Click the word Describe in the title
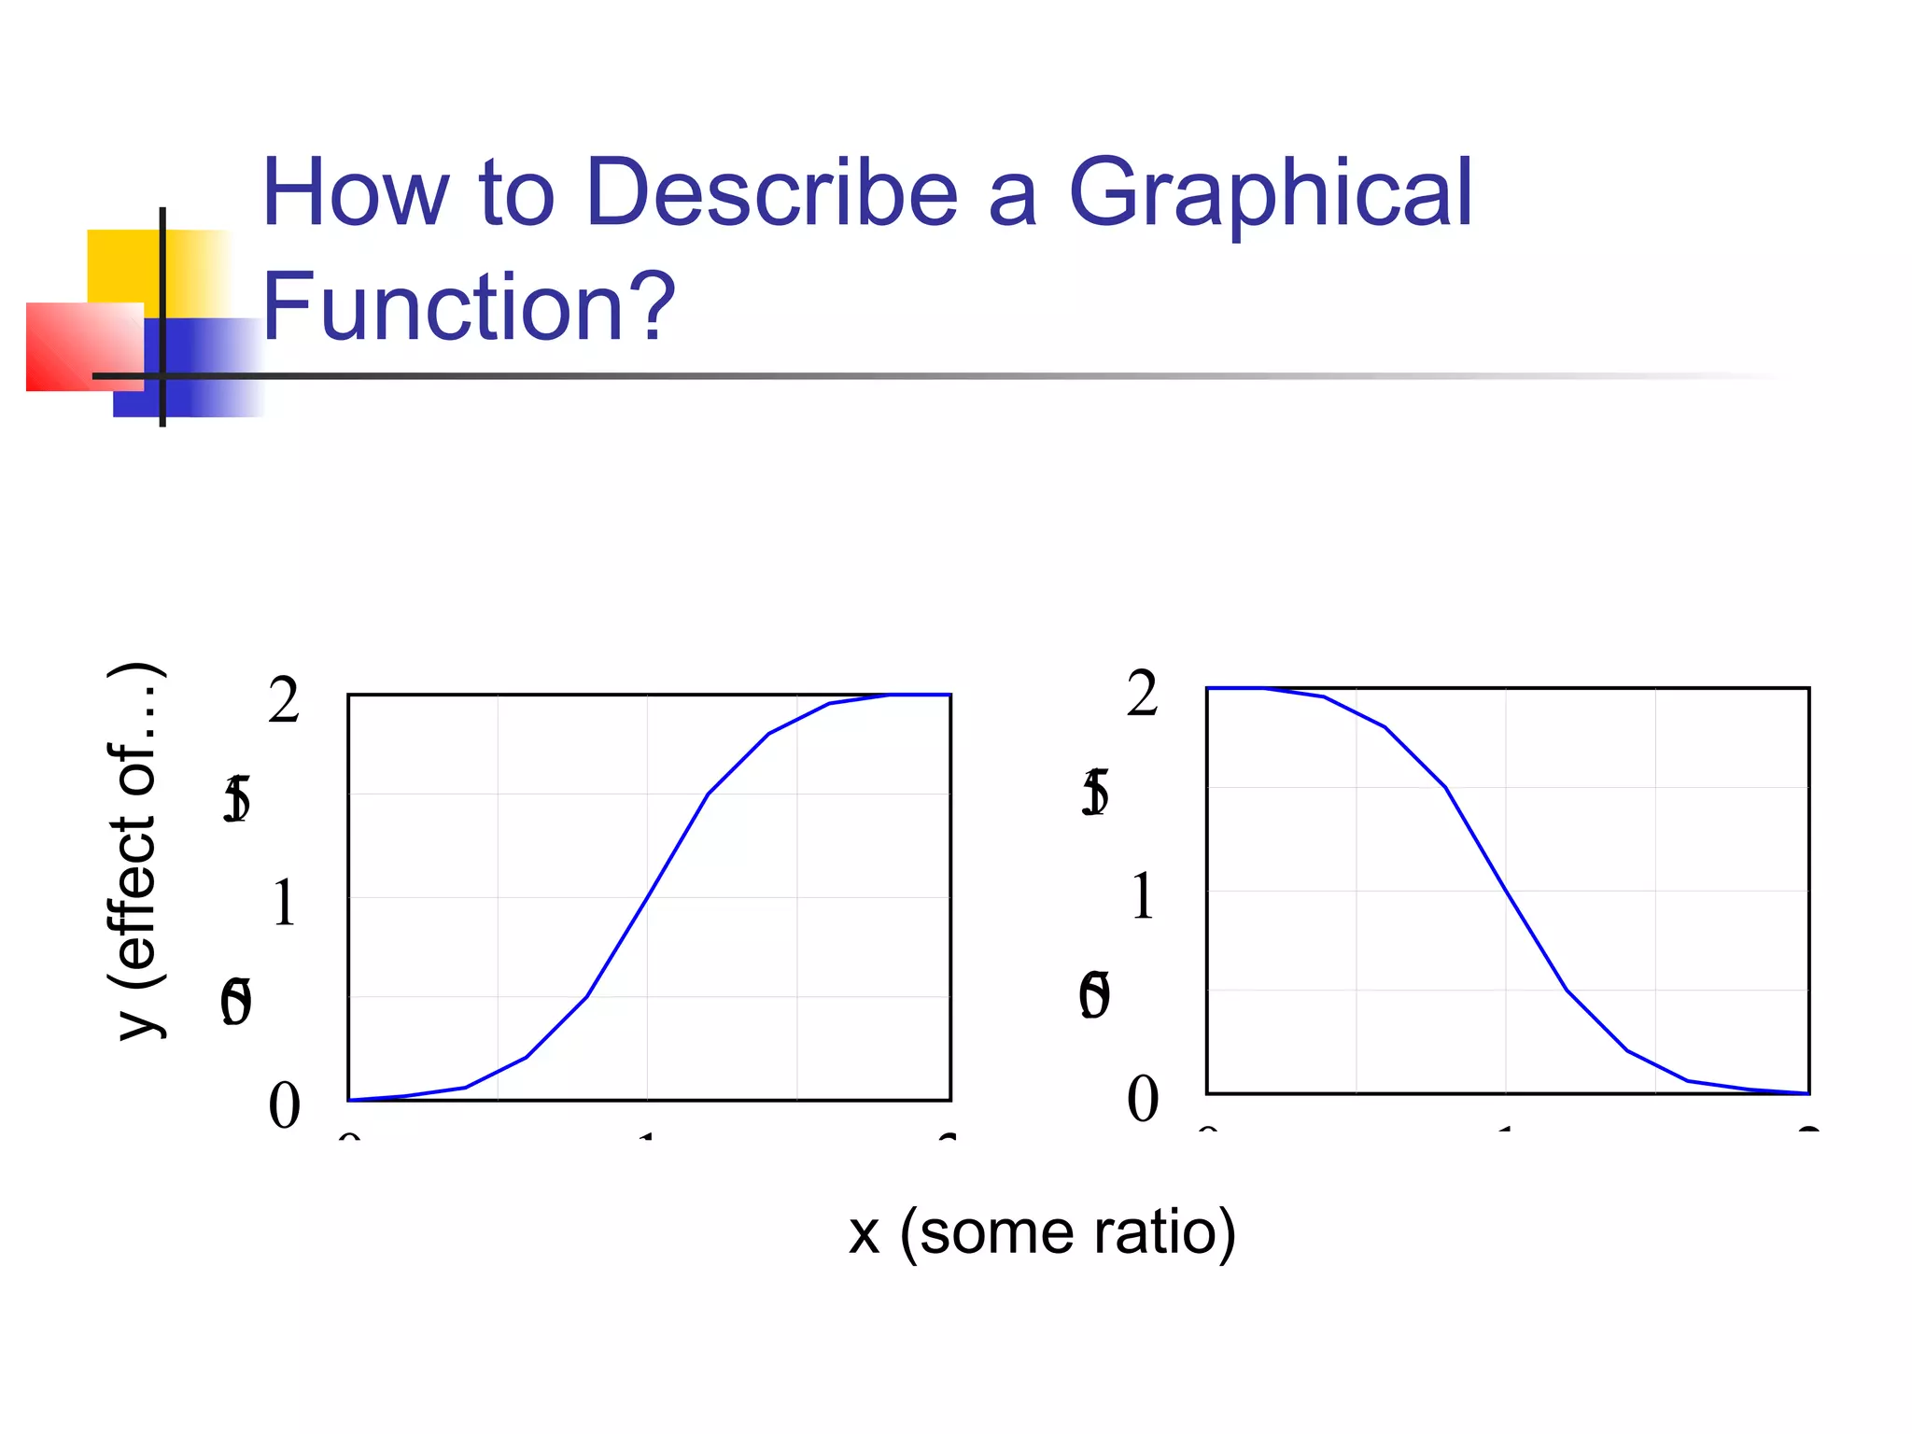[772, 192]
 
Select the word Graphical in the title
[1270, 192]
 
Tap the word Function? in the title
[469, 306]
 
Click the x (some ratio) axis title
[1042, 1232]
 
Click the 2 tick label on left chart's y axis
[284, 700]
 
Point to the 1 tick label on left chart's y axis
[284, 904]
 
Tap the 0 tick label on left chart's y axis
[284, 1106]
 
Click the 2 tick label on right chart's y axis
[1143, 694]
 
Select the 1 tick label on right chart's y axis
[1143, 897]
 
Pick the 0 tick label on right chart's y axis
[1143, 1099]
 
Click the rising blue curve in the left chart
[648, 897]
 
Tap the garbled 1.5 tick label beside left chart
[237, 800]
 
